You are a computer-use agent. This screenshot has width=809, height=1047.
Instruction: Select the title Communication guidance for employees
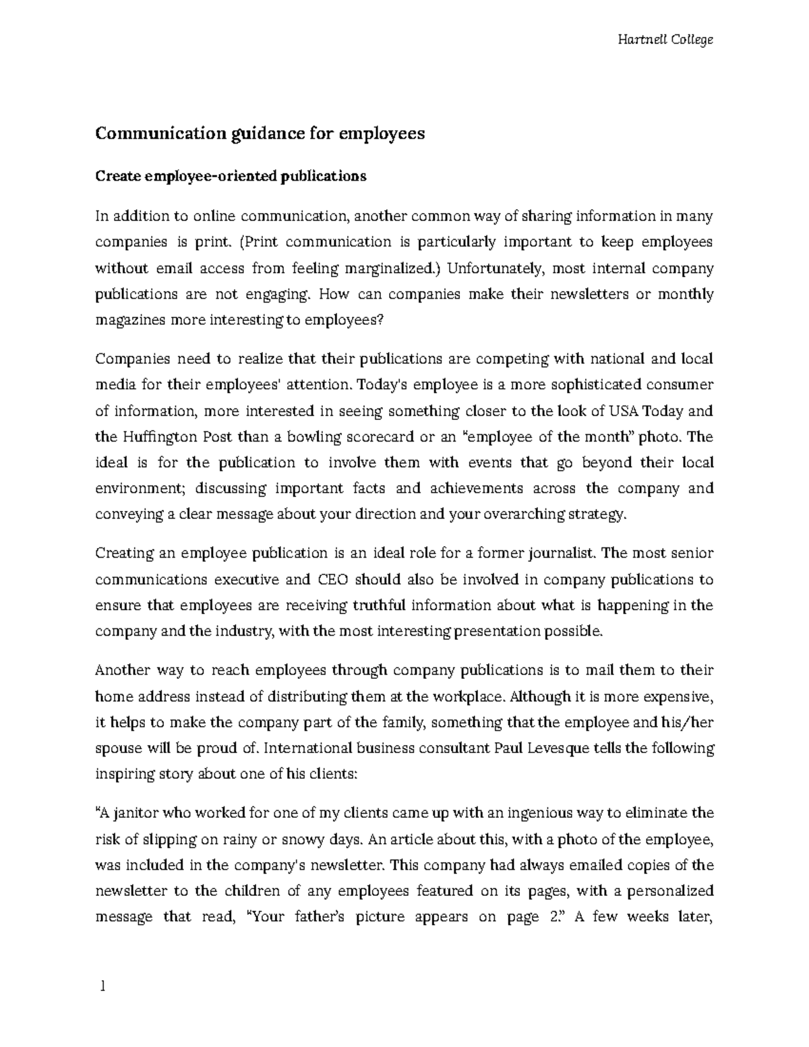(x=260, y=133)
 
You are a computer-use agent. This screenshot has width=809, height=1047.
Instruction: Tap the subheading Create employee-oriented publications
(x=231, y=177)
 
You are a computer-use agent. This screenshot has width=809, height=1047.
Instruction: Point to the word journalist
(x=566, y=554)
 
